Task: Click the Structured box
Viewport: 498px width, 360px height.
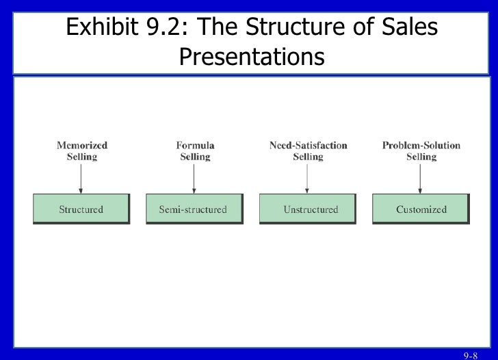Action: point(81,209)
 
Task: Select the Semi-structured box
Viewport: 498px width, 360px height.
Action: point(194,209)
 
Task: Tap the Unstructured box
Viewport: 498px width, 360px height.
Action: point(307,209)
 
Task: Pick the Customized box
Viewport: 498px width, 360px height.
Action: point(420,209)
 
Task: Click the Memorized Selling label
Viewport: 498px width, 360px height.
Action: point(81,151)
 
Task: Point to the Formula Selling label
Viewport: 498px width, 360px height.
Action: point(194,151)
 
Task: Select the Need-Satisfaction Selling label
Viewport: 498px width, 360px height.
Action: point(308,151)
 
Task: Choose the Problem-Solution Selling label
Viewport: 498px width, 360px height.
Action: point(421,151)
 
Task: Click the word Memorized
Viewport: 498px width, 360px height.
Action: point(81,145)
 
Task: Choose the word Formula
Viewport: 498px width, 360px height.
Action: point(195,145)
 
